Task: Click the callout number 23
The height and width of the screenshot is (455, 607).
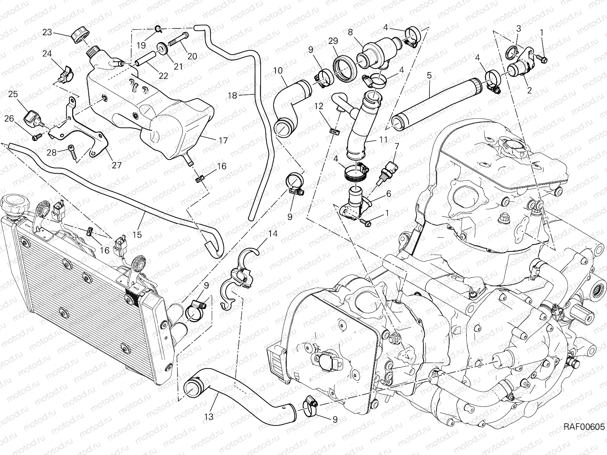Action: (x=47, y=32)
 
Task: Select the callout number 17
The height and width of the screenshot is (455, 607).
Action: (x=223, y=141)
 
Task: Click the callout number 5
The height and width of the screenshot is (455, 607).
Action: (x=429, y=75)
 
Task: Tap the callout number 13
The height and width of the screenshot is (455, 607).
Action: (x=208, y=417)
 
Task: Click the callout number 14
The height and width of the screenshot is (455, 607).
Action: (x=273, y=234)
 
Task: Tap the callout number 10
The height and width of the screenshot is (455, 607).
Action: (x=288, y=70)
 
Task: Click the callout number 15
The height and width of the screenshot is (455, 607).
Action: (x=137, y=235)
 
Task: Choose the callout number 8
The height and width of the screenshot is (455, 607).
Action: (x=350, y=32)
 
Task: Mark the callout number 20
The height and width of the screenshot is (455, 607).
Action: (x=192, y=56)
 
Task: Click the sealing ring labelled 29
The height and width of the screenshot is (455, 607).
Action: (x=345, y=65)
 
